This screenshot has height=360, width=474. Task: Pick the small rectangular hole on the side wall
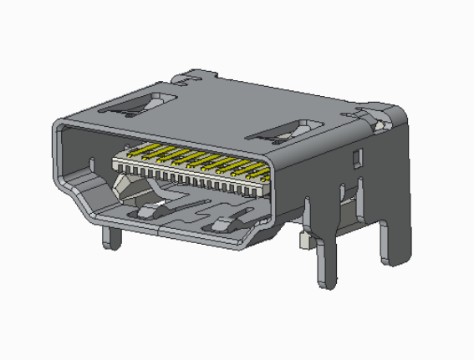[x=357, y=156]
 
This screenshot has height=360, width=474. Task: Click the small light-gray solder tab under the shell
[x=306, y=242]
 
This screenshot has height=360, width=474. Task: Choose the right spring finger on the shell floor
[x=222, y=224]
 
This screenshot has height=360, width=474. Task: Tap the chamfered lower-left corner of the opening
[x=82, y=201]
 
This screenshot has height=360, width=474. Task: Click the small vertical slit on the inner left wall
[x=91, y=160]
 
